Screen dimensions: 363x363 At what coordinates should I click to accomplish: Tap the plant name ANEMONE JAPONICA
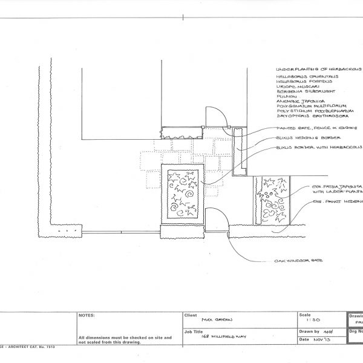[301, 101]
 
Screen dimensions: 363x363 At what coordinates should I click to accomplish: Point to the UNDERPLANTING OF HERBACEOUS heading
[318, 70]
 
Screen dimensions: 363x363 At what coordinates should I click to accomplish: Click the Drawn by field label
[308, 332]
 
